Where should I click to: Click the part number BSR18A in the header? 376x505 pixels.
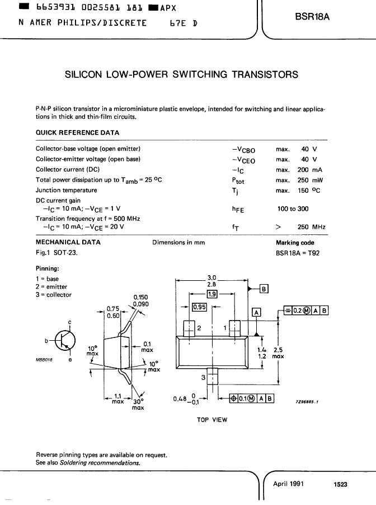(312, 17)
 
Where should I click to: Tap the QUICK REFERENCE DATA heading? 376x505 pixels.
(78, 133)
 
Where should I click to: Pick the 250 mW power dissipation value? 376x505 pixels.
(310, 180)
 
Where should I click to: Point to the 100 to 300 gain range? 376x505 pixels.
(293, 209)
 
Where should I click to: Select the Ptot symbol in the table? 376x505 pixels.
(238, 181)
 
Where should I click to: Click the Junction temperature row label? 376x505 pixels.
(66, 190)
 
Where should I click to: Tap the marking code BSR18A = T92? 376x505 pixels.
(298, 253)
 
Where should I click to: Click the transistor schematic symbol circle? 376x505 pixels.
(65, 340)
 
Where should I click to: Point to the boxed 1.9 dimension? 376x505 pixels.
(212, 294)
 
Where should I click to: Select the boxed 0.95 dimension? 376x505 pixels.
(199, 307)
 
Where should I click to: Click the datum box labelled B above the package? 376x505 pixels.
(264, 289)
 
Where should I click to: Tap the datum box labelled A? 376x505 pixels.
(256, 312)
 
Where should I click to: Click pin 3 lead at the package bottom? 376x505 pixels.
(212, 376)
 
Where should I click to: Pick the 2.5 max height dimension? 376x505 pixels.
(278, 353)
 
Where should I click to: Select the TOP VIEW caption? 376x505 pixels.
(212, 420)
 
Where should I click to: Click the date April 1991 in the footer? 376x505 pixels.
(288, 484)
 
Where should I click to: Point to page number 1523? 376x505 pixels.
(340, 484)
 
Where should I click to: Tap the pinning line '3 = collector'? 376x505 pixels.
(54, 295)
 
